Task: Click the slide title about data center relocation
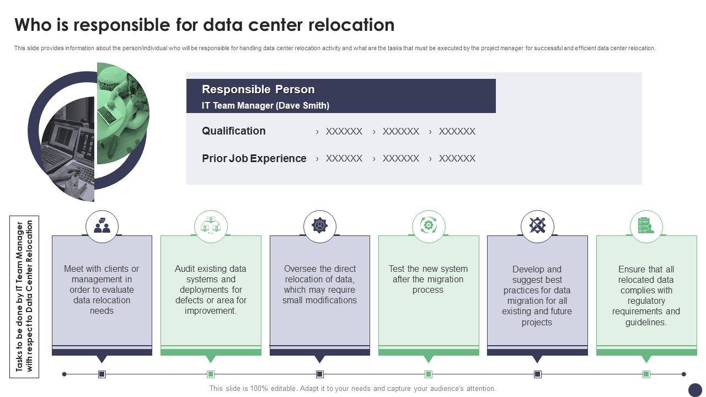click(204, 25)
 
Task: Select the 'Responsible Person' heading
click(258, 89)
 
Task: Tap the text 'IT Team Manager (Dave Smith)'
click(265, 105)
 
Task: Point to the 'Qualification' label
click(233, 131)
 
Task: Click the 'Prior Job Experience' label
click(254, 158)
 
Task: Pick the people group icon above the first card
click(102, 226)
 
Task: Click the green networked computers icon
click(211, 226)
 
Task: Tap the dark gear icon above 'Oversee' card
click(319, 226)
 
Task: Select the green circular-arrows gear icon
click(429, 226)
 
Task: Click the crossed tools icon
click(537, 226)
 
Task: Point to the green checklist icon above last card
click(646, 226)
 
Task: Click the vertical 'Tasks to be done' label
click(25, 297)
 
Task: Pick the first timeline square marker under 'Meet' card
click(102, 374)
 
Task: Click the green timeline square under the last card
click(646, 374)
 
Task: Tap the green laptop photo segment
click(122, 113)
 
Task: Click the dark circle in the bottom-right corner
click(696, 389)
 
